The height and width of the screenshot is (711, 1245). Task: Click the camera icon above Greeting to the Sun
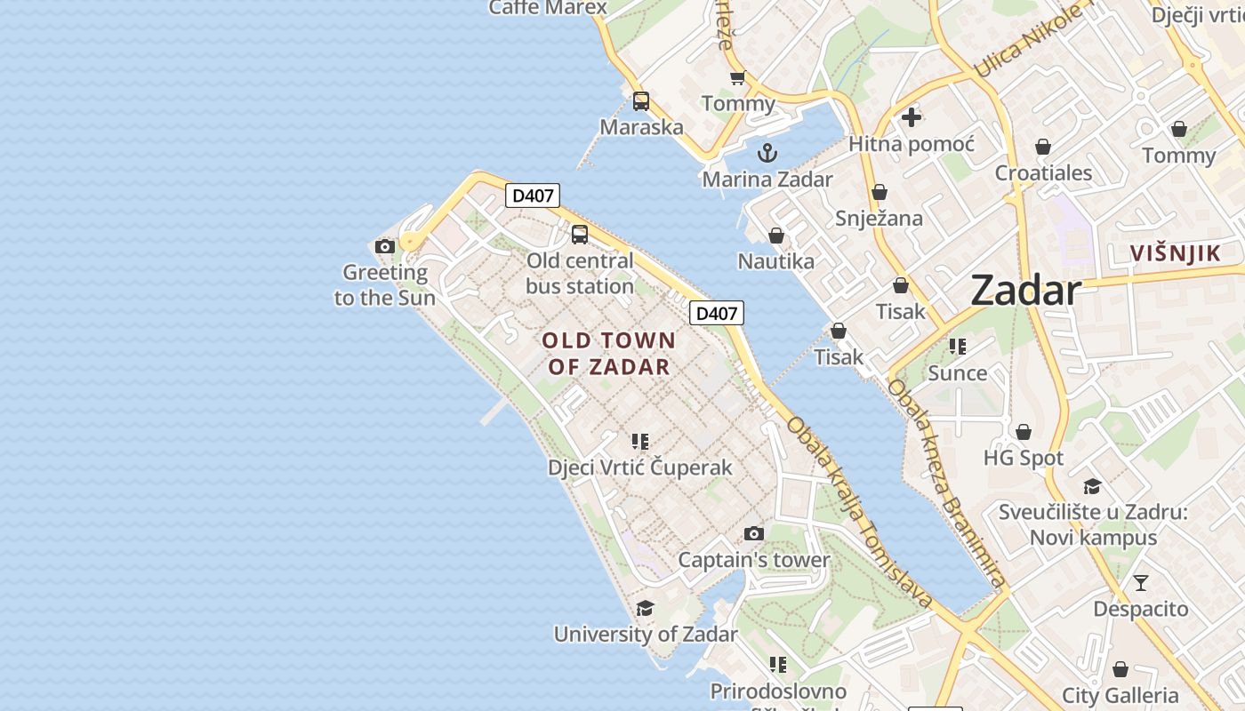(385, 246)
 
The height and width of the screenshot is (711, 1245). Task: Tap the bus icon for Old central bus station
(580, 235)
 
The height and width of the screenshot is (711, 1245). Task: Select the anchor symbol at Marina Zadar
(767, 153)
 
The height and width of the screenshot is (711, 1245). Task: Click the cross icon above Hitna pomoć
(912, 116)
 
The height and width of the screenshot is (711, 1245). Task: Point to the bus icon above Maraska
(641, 101)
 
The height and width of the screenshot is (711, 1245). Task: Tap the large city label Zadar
(1025, 290)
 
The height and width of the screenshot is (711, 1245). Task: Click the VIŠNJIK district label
(1175, 253)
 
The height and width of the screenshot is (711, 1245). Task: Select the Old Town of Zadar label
(609, 353)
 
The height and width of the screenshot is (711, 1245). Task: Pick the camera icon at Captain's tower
(754, 533)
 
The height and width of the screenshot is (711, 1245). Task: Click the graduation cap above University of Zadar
(645, 608)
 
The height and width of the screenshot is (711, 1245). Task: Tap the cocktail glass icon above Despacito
(1140, 583)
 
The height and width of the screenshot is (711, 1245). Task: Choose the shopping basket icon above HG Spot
(1024, 432)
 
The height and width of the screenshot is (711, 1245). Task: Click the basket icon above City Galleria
(1120, 669)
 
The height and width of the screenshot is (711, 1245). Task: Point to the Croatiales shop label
(1043, 172)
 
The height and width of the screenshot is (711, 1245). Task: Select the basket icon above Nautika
(776, 236)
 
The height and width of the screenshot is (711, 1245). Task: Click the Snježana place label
(879, 218)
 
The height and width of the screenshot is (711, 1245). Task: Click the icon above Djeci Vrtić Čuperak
(639, 441)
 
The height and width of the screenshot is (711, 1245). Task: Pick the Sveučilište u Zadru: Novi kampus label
(1093, 524)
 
